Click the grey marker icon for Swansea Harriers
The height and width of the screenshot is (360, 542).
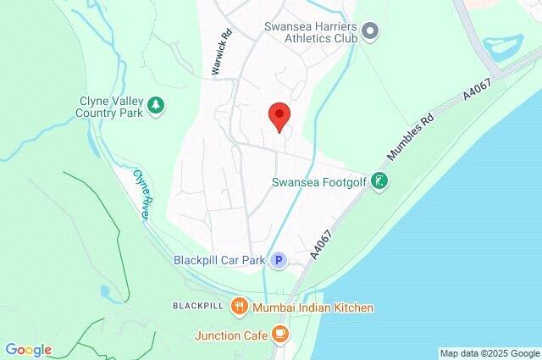tap(370, 32)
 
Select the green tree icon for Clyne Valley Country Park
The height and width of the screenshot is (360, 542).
tap(156, 106)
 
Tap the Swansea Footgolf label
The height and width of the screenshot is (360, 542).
tap(320, 181)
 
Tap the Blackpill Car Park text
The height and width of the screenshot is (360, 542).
tap(219, 260)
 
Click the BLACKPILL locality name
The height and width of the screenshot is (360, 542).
tap(197, 305)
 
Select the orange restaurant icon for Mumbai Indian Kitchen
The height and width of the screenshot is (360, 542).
tap(240, 307)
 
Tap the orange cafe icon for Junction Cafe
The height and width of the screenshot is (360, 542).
tap(280, 335)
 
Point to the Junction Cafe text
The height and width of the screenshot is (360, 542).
tap(231, 335)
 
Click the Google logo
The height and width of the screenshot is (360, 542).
tap(28, 350)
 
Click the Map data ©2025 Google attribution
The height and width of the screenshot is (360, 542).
tap(489, 353)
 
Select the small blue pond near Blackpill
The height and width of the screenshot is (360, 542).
tap(105, 293)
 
